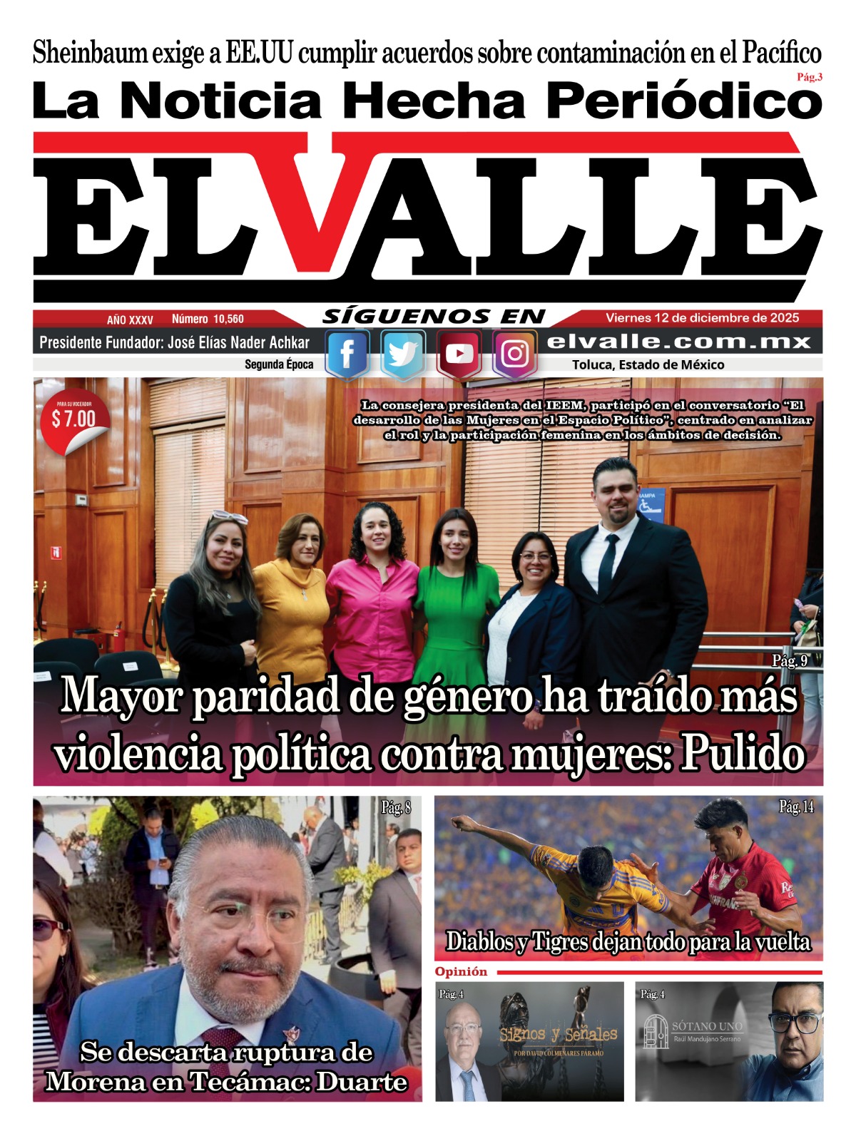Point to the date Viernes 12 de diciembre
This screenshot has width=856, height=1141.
click(702, 318)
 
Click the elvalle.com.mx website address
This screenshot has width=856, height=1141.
click(678, 342)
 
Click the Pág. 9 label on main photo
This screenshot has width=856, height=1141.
click(790, 661)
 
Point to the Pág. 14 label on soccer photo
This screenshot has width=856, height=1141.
click(796, 807)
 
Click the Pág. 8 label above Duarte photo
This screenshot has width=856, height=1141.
click(396, 808)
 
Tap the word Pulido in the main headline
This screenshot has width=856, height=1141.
click(743, 754)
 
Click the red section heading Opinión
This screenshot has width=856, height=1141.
click(461, 972)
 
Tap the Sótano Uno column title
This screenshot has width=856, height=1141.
click(707, 1026)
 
